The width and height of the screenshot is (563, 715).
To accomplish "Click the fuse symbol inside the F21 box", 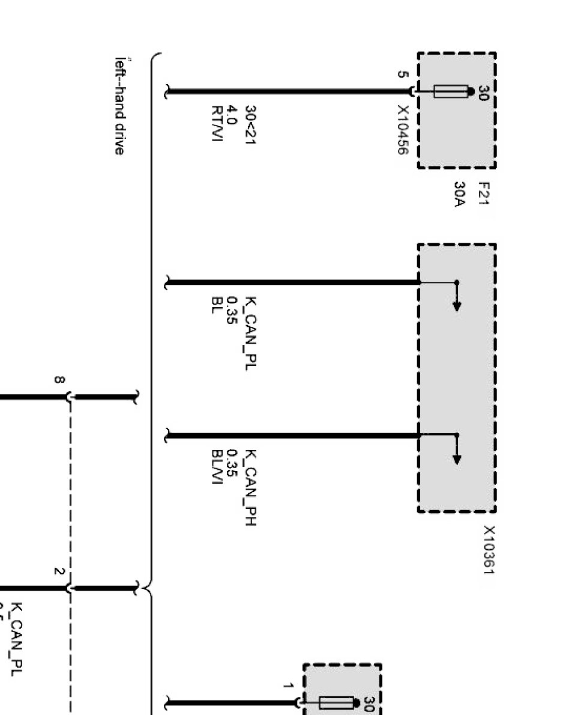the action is coord(450,92).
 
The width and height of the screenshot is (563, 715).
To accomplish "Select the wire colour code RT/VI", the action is coord(217,124).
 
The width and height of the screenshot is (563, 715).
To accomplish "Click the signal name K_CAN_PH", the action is coord(252,487).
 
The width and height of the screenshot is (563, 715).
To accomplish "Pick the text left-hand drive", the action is coord(120,106).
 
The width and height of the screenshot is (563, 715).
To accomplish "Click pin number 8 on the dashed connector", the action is coord(59,380).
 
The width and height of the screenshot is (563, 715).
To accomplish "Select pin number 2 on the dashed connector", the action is coord(59,571).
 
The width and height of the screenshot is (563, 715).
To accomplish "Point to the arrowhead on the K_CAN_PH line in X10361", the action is coord(457,460).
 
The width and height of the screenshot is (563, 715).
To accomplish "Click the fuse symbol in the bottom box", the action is coord(336,702).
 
